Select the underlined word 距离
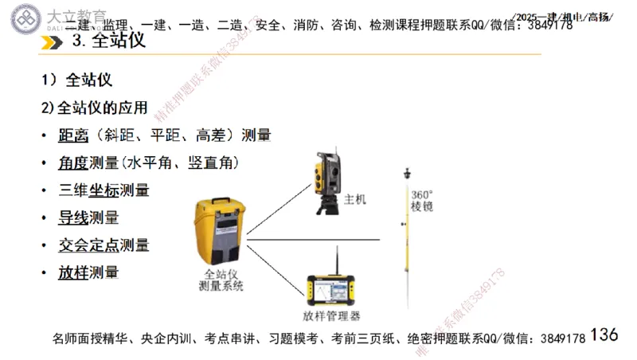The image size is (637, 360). tap(73, 135)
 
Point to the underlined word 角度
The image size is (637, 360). tap(73, 162)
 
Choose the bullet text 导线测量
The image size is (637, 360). tap(88, 217)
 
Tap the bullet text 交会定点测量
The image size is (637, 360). tap(104, 245)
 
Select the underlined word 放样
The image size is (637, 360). tap(73, 272)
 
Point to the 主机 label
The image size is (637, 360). tap(355, 199)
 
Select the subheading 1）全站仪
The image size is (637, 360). tap(77, 80)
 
